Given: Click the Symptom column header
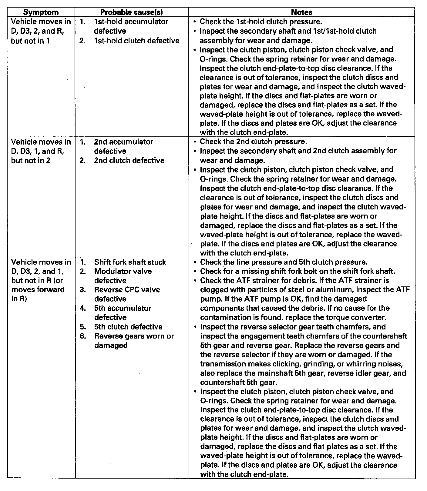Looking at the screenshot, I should pos(41,12).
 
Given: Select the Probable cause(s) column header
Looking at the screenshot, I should pos(131,12).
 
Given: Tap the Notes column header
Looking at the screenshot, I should pos(301,12).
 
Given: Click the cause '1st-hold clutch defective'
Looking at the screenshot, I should pos(136,41).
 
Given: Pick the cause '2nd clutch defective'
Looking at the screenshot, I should pos(129,160).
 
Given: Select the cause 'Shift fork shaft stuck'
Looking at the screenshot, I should pos(130,262).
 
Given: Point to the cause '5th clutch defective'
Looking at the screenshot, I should pos(128,327).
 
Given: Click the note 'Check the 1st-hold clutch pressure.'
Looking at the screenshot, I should pos(261,22).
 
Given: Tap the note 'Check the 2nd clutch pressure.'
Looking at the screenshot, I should pos(253,142).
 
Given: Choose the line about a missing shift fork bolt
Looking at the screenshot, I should pos(298,271).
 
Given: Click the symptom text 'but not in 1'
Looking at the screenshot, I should pos(30,41).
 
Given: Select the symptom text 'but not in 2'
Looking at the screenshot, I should pos(31,160).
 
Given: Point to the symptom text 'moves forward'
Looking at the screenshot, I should pos(38,289).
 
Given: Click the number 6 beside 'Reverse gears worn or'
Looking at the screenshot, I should pos(83,336).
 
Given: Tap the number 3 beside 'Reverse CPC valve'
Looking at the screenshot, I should pos(83,289).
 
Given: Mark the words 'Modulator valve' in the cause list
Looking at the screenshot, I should pos(123,271).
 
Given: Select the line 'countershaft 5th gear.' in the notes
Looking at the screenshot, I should pos(239,382).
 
